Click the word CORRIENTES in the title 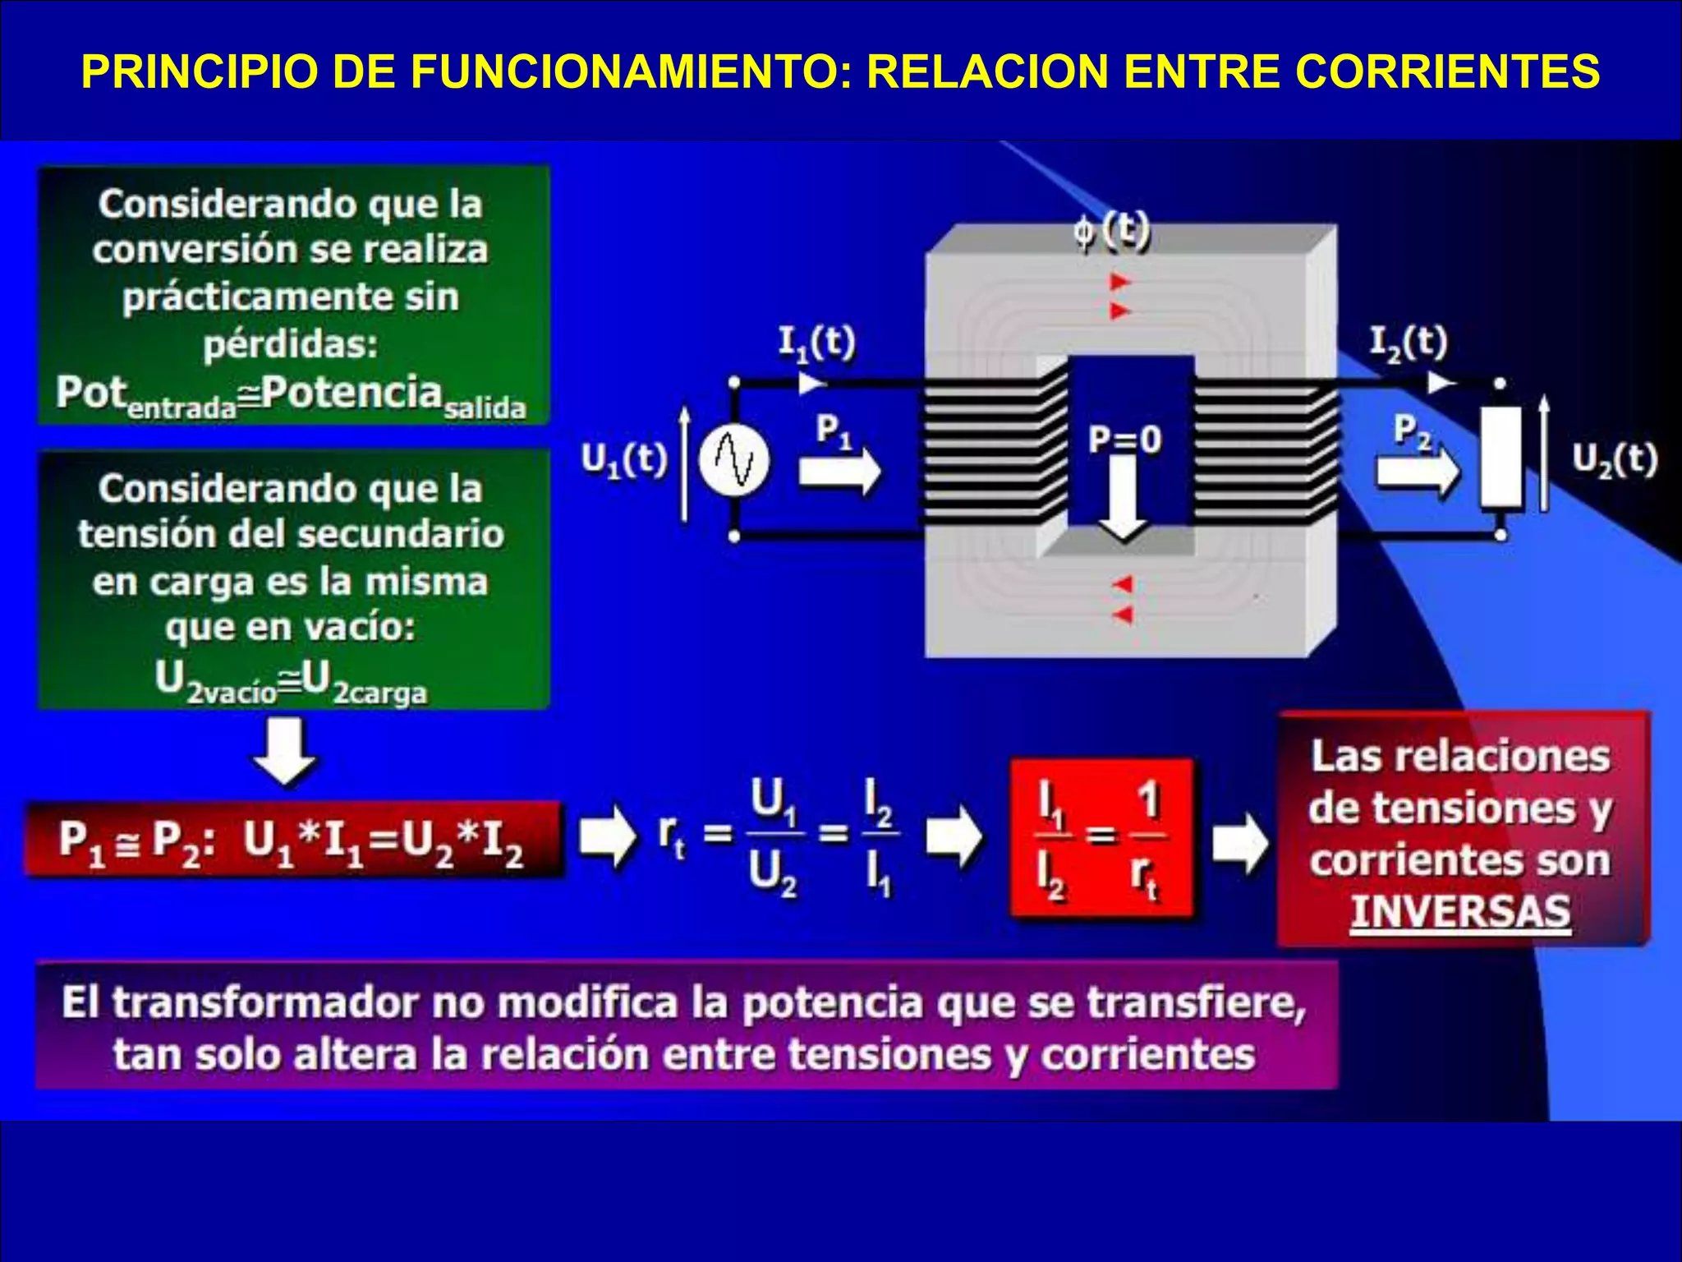(1447, 71)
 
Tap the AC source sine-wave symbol (735, 460)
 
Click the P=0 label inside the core (1124, 440)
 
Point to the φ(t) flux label (1111, 231)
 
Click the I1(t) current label (816, 343)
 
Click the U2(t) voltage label (1615, 460)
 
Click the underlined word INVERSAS (1460, 912)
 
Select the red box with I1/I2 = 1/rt (1101, 838)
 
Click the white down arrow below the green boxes (285, 752)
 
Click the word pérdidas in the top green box (291, 343)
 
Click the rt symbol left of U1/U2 (671, 836)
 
